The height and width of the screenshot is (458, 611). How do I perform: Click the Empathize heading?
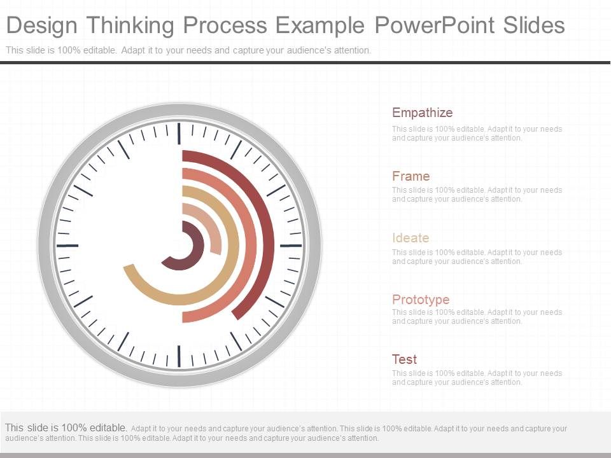(422, 113)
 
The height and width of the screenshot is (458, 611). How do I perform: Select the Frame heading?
(411, 176)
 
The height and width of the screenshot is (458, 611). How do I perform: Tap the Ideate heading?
(411, 238)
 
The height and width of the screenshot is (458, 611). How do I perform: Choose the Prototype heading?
(421, 299)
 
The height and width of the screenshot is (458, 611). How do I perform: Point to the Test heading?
(404, 359)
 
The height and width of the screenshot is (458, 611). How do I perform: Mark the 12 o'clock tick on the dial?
(179, 133)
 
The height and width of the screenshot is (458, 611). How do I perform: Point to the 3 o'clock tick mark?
(291, 245)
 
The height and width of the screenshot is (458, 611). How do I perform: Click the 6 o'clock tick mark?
(179, 356)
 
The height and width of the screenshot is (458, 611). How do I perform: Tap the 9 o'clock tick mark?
(67, 245)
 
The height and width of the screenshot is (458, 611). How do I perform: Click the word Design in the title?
(43, 25)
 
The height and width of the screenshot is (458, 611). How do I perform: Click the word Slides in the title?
(533, 25)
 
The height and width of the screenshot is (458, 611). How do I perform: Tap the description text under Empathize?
(477, 133)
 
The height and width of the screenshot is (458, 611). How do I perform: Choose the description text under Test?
(477, 378)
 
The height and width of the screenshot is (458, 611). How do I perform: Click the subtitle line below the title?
(188, 50)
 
